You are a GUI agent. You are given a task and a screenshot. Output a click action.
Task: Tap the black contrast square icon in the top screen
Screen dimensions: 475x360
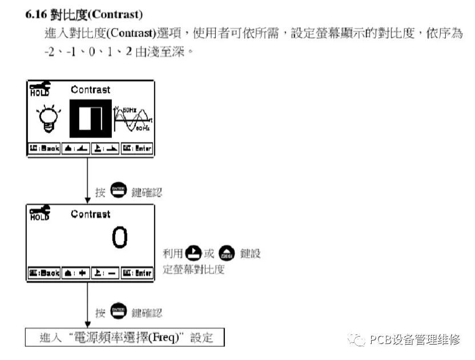pyautogui.click(x=90, y=118)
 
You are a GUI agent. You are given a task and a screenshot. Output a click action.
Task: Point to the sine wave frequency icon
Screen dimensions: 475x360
pyautogui.click(x=133, y=119)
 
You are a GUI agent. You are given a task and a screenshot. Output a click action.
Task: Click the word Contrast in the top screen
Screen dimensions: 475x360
pyautogui.click(x=90, y=90)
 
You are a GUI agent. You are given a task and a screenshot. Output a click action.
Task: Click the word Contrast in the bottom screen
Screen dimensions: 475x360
pyautogui.click(x=90, y=214)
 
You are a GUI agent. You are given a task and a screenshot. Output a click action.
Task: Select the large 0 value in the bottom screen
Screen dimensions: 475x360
pyautogui.click(x=119, y=238)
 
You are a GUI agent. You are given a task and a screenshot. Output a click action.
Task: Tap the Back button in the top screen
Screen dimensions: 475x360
pyautogui.click(x=44, y=148)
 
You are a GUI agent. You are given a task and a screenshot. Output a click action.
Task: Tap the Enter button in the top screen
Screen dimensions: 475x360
pyautogui.click(x=136, y=148)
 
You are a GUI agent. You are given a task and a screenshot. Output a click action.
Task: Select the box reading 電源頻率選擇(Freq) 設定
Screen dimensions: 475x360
pyautogui.click(x=124, y=337)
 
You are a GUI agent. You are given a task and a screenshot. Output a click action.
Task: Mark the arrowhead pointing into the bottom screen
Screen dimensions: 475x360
pyautogui.click(x=87, y=200)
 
